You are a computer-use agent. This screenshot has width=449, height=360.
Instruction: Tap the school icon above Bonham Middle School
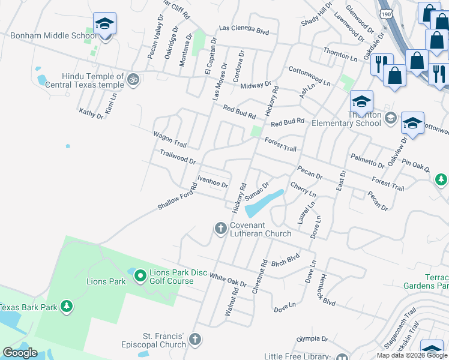pos(104,24)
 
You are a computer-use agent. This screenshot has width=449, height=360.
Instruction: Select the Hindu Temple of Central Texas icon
pos(133,78)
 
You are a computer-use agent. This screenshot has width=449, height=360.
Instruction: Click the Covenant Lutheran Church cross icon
pos(220,227)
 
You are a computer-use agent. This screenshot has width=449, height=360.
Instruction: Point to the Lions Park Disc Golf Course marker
pos(140,275)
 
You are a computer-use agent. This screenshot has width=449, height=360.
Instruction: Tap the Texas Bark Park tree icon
pos(67,307)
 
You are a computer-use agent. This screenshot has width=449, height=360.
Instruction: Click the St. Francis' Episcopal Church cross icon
pos(194,340)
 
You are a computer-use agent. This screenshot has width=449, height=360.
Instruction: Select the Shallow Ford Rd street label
pos(177,196)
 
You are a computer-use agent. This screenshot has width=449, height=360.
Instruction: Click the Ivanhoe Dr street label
pos(213,182)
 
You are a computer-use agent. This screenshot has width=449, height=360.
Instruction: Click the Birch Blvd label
pos(285,260)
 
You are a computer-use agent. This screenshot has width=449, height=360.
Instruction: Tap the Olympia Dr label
pos(312,339)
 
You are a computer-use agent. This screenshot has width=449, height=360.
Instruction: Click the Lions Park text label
pos(106,281)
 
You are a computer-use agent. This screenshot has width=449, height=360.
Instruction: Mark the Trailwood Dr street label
pos(178,157)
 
